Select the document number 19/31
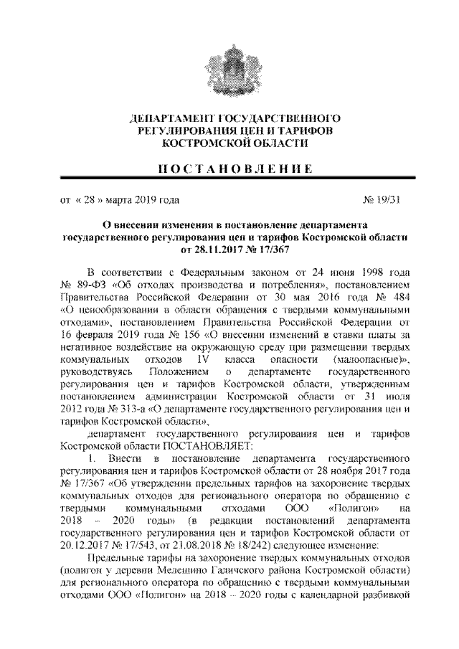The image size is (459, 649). click(x=388, y=201)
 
